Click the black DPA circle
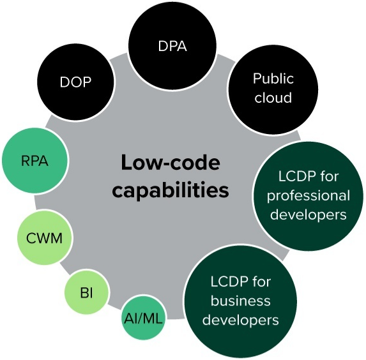[172, 45]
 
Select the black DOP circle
[75, 82]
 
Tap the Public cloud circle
[273, 89]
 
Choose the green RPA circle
[35, 160]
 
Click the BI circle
[87, 292]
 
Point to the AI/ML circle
[143, 318]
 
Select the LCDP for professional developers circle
[309, 196]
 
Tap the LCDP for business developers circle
[241, 301]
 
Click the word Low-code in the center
[171, 162]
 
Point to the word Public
[273, 79]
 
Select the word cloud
[273, 97]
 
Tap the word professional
[309, 196]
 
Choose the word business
[241, 301]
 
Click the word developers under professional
[309, 214]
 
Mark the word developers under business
[241, 320]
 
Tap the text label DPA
[172, 46]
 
